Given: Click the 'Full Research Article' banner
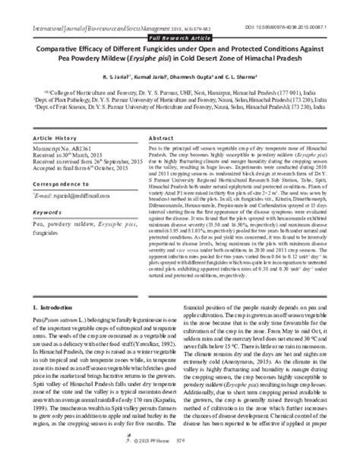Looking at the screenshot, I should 179,36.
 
